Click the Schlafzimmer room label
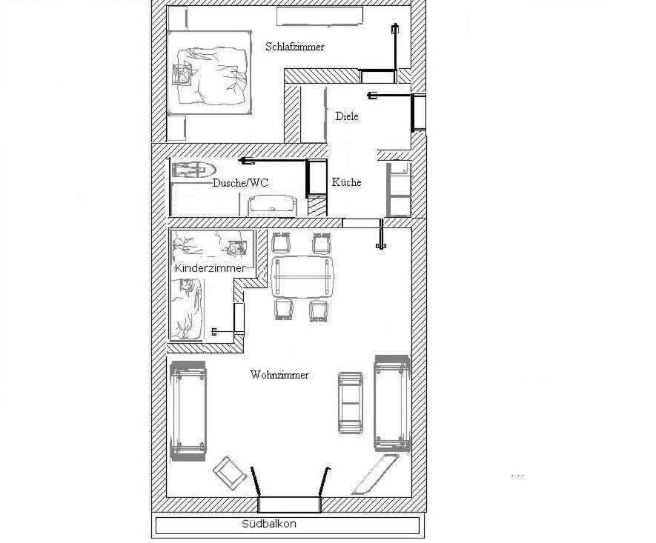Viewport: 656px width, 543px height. pos(295,47)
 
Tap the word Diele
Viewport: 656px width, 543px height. pos(346,116)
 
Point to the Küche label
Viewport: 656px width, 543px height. pos(346,182)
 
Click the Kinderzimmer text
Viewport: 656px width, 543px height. pos(209,267)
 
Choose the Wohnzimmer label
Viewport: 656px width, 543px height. pos(279,375)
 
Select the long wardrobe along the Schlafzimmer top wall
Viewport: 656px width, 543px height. pos(319,16)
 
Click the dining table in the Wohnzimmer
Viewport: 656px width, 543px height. pos(302,276)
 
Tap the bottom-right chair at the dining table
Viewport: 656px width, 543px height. pos(319,310)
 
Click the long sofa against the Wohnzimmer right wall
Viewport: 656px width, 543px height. pos(392,403)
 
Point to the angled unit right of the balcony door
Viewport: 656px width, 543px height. pos(375,475)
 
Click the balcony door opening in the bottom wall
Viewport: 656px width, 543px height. pos(290,504)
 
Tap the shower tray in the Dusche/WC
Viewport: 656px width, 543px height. pos(192,170)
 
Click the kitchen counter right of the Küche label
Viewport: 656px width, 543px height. pos(398,189)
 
